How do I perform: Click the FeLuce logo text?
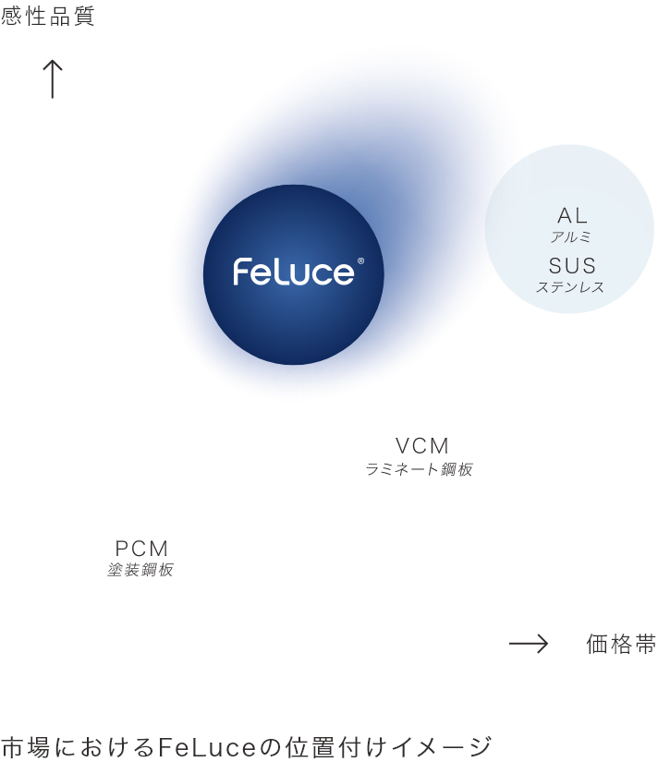coord(292,272)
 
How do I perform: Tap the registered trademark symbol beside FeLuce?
coord(359,262)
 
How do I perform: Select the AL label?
coord(572,216)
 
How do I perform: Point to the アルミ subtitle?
coord(571,237)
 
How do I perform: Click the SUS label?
coord(572,267)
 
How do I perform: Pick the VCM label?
coord(420,446)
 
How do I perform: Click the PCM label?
coord(141,549)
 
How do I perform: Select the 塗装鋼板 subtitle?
coord(140,570)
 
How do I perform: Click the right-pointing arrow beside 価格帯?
coord(529,644)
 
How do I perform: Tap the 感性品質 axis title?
coord(48,18)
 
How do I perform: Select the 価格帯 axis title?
coord(621,645)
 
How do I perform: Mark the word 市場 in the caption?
coord(23,745)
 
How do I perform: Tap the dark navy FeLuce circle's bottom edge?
coord(292,364)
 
